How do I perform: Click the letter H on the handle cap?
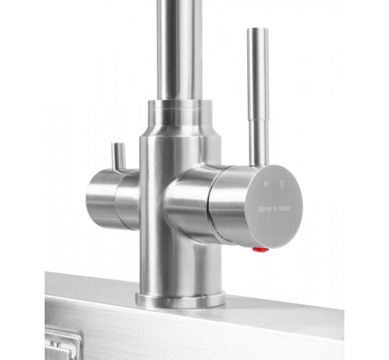(265, 185)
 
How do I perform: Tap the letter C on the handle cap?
(283, 184)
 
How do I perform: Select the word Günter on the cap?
(265, 209)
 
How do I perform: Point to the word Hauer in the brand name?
(284, 208)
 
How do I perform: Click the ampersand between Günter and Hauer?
(275, 209)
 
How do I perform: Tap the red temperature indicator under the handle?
(258, 250)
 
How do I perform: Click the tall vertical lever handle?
(258, 97)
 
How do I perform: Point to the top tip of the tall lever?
(257, 29)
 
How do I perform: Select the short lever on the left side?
(118, 156)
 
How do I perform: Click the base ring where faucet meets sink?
(181, 300)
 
